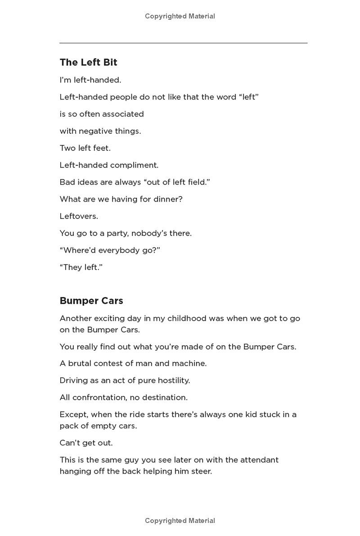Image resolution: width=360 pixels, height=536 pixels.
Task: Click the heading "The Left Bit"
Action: click(x=88, y=62)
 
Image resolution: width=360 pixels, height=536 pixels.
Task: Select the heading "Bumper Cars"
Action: click(x=91, y=301)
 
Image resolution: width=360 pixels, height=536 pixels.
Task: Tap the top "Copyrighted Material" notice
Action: click(x=180, y=16)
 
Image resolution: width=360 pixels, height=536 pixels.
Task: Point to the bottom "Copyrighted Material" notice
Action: click(x=180, y=521)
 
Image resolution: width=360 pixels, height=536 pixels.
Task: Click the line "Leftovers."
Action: click(x=79, y=216)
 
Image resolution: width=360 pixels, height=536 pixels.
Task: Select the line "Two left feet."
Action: click(x=85, y=148)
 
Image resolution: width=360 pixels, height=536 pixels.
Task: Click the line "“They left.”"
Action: click(x=81, y=267)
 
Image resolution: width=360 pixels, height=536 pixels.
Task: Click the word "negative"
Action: click(x=96, y=131)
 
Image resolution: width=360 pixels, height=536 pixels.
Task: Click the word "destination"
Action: click(x=164, y=397)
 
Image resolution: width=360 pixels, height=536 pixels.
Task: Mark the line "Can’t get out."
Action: click(x=86, y=443)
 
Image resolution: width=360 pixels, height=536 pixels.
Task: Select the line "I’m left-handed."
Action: click(x=90, y=80)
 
